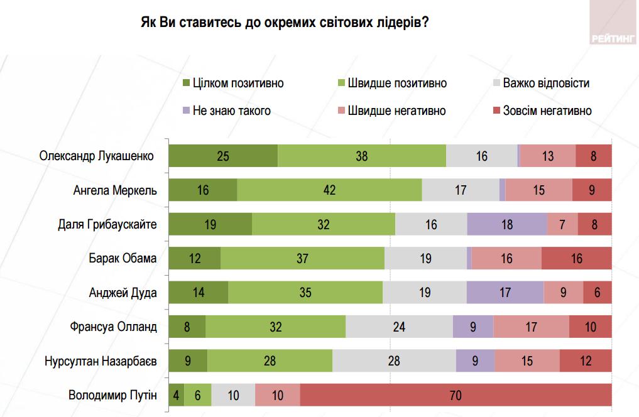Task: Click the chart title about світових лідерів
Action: point(285,23)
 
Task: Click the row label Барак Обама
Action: point(123,258)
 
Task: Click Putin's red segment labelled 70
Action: point(456,396)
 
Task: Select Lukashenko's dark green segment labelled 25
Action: point(223,156)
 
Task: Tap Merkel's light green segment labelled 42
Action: point(329,190)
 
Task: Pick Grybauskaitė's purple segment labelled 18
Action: point(507,224)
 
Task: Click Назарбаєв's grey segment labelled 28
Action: point(394,361)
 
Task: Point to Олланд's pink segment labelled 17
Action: point(531,327)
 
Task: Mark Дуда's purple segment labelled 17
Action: point(505,293)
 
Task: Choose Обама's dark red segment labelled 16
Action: point(576,258)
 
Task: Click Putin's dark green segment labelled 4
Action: point(177,396)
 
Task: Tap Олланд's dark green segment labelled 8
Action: point(187,327)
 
